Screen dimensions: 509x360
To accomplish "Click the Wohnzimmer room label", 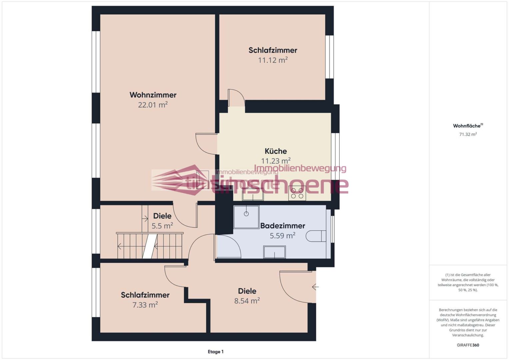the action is pyautogui.click(x=153, y=95).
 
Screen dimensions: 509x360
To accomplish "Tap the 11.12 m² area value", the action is pyautogui.click(x=273, y=60).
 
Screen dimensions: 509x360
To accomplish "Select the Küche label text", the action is pyautogui.click(x=276, y=151).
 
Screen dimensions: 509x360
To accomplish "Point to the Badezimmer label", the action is pyautogui.click(x=282, y=226).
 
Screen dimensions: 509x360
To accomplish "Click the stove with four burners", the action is pyautogui.click(x=297, y=193).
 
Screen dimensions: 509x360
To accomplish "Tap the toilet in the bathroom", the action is pyautogui.click(x=316, y=236).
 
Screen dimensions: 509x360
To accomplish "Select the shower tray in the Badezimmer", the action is pyautogui.click(x=246, y=217).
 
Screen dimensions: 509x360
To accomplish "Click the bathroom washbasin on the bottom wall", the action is pyautogui.click(x=274, y=252).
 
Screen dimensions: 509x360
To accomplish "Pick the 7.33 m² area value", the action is pyautogui.click(x=145, y=305).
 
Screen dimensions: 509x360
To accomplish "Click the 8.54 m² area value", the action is pyautogui.click(x=247, y=301).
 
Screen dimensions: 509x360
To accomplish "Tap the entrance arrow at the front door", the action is pyautogui.click(x=315, y=287).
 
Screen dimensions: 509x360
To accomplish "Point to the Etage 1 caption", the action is pyautogui.click(x=216, y=352).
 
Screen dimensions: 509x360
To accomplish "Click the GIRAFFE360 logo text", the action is pyautogui.click(x=468, y=345).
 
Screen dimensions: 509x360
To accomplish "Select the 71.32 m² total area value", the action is pyautogui.click(x=468, y=134).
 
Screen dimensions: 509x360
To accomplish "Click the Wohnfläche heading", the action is pyautogui.click(x=468, y=126).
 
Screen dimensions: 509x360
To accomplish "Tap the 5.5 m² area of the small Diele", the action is pyautogui.click(x=162, y=226).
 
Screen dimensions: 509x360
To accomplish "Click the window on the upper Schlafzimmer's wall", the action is pyautogui.click(x=329, y=57).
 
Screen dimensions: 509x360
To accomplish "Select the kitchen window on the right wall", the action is pyautogui.click(x=335, y=156).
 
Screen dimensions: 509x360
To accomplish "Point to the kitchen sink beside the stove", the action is pyautogui.click(x=253, y=195).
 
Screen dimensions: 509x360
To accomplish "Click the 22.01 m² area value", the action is pyautogui.click(x=153, y=105).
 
